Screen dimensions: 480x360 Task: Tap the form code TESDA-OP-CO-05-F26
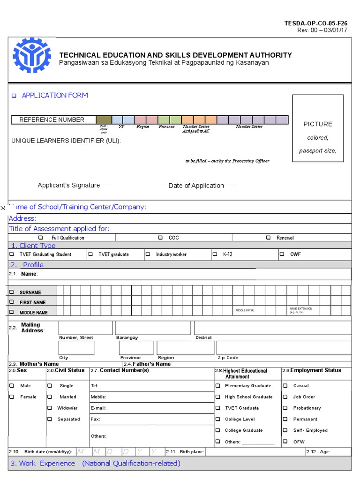click(316, 23)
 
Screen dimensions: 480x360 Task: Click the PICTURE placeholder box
click(318, 128)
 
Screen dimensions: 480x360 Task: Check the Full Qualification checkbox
click(47, 238)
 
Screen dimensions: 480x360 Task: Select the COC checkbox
click(160, 238)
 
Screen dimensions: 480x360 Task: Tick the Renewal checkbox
click(268, 238)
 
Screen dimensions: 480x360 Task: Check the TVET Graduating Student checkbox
click(12, 255)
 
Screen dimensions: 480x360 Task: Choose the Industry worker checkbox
click(148, 255)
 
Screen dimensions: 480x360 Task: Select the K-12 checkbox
click(215, 255)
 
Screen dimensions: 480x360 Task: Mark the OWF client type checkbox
click(282, 255)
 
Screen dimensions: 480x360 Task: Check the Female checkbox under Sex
click(12, 397)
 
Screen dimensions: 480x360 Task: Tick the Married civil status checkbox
click(50, 397)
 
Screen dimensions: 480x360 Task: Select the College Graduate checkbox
click(217, 430)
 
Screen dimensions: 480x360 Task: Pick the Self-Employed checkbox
click(285, 430)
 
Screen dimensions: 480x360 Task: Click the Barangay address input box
click(152, 328)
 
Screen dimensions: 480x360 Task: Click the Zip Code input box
click(283, 347)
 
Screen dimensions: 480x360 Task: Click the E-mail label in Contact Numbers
click(98, 408)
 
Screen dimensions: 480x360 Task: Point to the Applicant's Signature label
click(69, 186)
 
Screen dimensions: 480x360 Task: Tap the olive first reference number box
click(104, 120)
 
